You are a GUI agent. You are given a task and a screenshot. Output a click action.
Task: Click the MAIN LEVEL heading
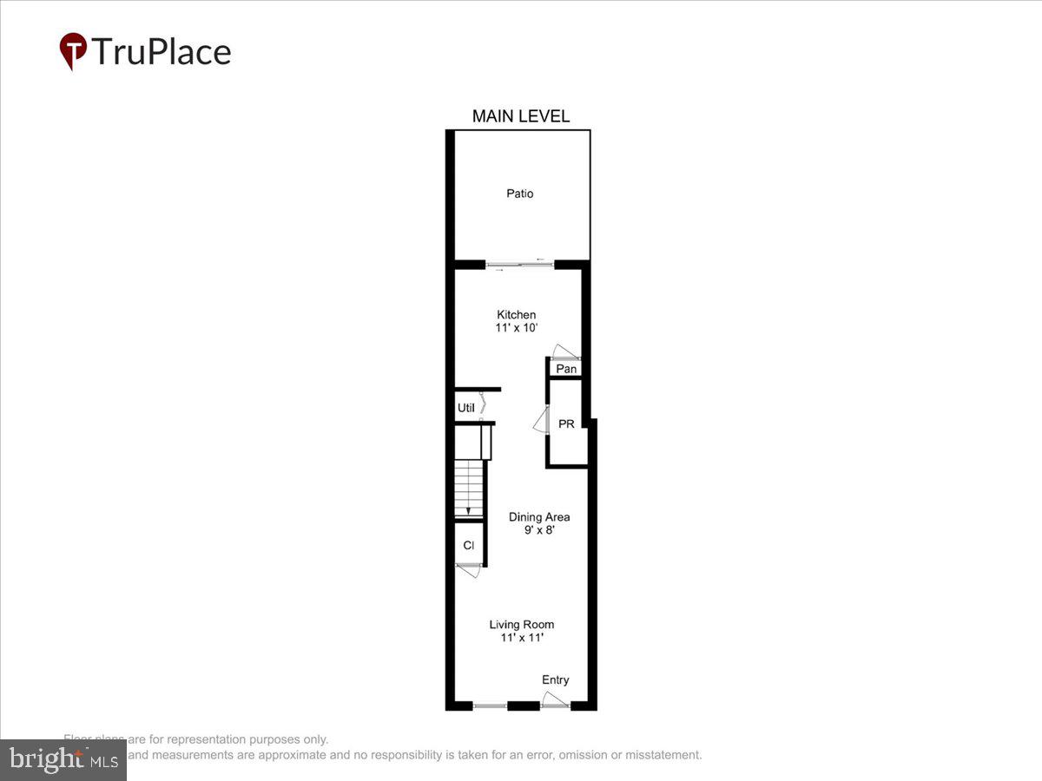coord(520,116)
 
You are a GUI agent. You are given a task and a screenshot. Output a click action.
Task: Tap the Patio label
coord(520,194)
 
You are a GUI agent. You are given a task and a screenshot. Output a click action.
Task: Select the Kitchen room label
coord(516,315)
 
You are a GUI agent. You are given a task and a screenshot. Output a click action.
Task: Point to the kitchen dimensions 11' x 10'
coord(517,329)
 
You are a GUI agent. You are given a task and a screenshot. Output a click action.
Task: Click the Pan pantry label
coord(566,369)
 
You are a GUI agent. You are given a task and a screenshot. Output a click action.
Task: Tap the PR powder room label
coord(566,424)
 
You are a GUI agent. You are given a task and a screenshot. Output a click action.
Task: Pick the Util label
coord(465,408)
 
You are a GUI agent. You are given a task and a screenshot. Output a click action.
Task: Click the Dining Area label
coord(539,517)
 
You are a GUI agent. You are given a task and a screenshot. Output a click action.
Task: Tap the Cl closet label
coord(468,546)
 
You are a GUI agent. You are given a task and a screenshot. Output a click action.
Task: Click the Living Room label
coord(521,625)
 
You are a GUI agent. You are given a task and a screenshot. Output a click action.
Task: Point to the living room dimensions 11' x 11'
coord(521,639)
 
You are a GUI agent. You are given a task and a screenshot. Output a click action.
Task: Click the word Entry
coord(556,680)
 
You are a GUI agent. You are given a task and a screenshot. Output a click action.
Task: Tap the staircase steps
coord(468,489)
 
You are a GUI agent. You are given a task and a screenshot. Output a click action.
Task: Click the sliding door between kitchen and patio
coord(520,264)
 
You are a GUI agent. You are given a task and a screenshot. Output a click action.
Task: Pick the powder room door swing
coord(540,421)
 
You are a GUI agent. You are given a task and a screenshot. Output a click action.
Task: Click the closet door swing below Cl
coord(470,571)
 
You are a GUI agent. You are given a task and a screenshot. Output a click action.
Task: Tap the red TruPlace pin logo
coord(73,50)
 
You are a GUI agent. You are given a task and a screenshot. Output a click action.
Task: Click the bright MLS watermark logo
coord(63,759)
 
